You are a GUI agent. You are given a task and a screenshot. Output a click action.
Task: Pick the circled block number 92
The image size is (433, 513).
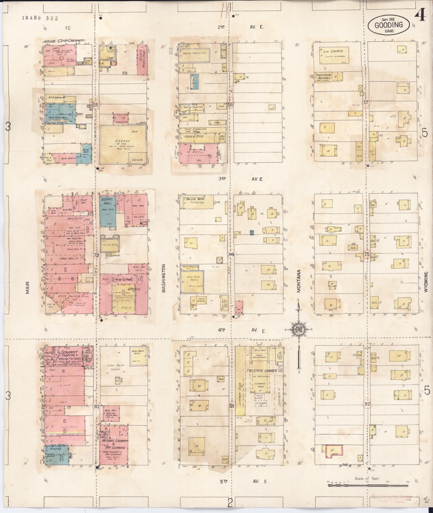click(367, 404)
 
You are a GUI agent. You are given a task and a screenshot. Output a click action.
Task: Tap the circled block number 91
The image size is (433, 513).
click(232, 406)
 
